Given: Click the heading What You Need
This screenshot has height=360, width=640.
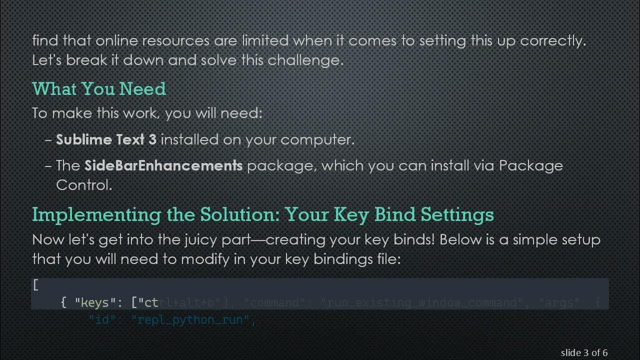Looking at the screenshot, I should tap(99, 89).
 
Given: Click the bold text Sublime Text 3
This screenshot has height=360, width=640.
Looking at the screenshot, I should tap(106, 139).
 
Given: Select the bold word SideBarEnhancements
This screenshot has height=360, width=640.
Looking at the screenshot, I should tap(163, 165).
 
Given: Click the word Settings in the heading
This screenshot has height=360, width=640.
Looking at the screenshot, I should tap(457, 214).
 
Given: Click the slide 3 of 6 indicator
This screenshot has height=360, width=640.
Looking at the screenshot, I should tap(584, 353).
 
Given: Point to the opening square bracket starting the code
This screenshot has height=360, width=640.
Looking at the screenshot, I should tap(35, 285).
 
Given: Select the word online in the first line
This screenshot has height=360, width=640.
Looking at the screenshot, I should tap(113, 40).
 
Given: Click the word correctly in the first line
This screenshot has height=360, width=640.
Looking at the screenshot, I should tap(552, 40).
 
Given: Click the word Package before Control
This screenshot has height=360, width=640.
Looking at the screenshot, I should tap(531, 165).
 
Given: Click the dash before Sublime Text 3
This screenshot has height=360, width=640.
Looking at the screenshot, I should tap(48, 139).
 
